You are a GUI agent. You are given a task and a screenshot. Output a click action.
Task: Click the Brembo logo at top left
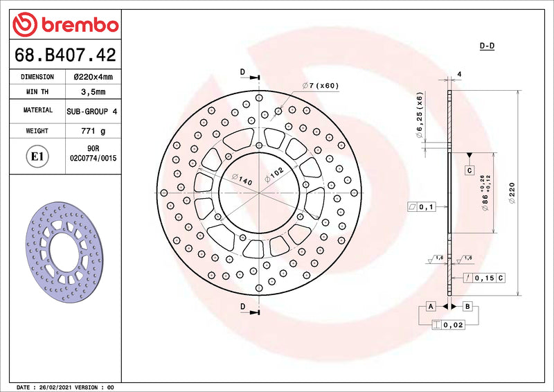[x=65, y=24]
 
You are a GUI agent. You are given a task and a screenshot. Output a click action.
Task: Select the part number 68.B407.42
[x=65, y=55]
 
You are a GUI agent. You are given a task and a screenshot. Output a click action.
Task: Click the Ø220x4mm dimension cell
[x=93, y=77]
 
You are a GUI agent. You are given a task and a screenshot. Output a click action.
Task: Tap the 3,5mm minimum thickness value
[x=93, y=92]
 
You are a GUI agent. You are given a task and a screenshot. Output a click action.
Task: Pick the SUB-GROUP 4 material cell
[x=92, y=112]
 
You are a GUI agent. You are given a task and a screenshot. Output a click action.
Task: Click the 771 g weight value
[x=93, y=131]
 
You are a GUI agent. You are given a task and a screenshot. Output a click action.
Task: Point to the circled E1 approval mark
[x=37, y=157]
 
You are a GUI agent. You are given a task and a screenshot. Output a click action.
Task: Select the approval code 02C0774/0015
[x=93, y=159]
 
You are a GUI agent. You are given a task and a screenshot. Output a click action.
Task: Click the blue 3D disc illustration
[x=64, y=252]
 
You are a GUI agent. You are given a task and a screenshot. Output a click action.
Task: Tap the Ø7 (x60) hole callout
[x=321, y=86]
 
